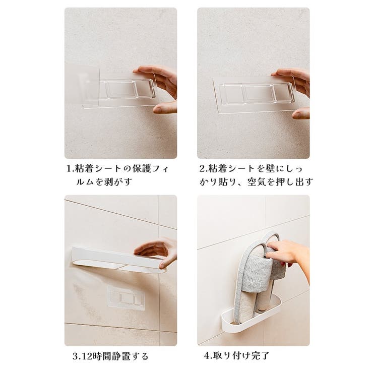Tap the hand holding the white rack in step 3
(156, 251)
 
